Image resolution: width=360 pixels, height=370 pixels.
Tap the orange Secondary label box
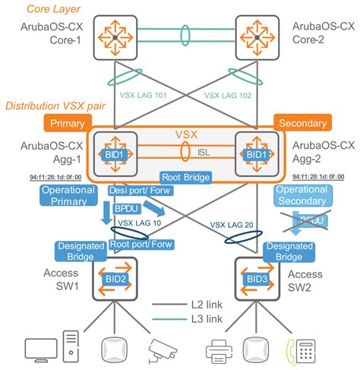click(x=302, y=122)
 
